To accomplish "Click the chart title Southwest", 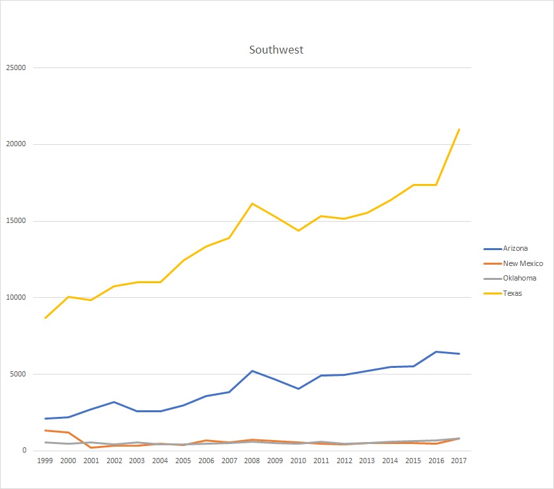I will pyautogui.click(x=276, y=50).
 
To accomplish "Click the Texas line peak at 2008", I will pyautogui.click(x=252, y=204).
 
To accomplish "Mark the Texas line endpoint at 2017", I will pyautogui.click(x=459, y=130).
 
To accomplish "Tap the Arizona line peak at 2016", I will pyautogui.click(x=436, y=352).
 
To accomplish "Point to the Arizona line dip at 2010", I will pyautogui.click(x=298, y=388).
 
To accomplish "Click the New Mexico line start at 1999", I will pyautogui.click(x=45, y=431).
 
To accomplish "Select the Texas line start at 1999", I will pyautogui.click(x=45, y=318).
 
